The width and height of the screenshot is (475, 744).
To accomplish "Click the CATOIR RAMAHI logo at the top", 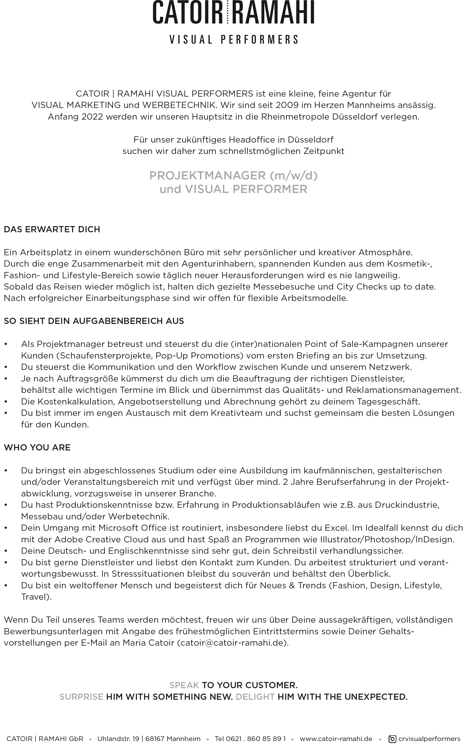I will pos(234,12).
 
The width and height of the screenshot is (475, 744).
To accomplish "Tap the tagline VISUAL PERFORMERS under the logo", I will pos(234,40).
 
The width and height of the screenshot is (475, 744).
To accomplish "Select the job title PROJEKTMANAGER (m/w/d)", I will pos(233,175).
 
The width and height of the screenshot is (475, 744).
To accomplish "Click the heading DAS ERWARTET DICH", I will pos(52,229).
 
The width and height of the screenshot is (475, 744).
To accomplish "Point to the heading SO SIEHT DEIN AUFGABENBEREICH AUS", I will pos(94,321).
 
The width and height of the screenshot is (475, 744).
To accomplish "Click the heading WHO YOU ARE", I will pos(37,447).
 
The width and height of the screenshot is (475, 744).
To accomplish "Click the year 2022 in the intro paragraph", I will pos(92,117).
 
